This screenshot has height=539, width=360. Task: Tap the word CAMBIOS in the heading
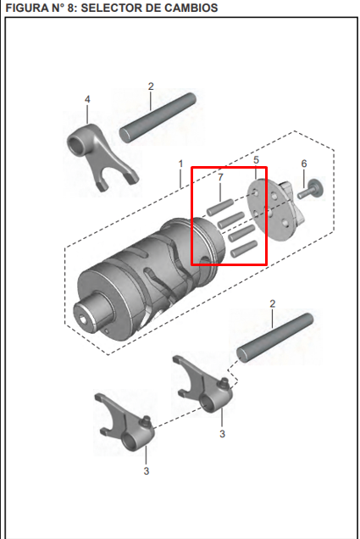click(x=190, y=8)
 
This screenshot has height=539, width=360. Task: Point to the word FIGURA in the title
click(x=27, y=8)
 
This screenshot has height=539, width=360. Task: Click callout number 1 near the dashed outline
click(x=180, y=162)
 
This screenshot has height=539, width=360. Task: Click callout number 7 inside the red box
click(x=220, y=178)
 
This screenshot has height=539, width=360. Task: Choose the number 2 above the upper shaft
click(x=151, y=86)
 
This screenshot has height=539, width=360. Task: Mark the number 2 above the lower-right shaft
click(x=272, y=303)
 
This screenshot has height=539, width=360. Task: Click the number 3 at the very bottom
click(x=145, y=471)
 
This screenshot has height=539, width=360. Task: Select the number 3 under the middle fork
click(x=222, y=434)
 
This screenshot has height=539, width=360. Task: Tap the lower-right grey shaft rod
click(x=274, y=338)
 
